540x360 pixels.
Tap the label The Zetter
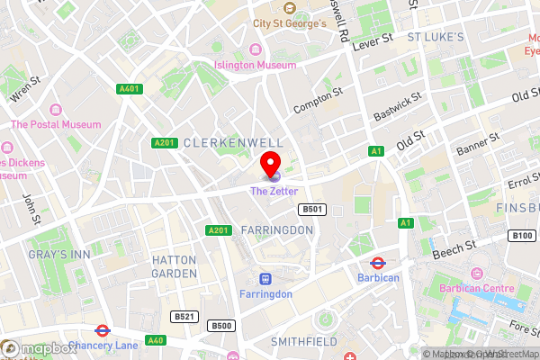[x=274, y=191]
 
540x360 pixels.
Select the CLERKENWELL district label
[x=232, y=143]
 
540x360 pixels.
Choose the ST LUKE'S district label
[x=435, y=37]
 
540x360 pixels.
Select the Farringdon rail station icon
[x=265, y=279]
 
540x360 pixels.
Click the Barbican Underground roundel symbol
[x=379, y=263]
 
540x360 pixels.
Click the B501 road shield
[x=311, y=209]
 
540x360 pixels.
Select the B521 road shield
[x=185, y=316]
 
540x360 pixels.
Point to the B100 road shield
[x=521, y=236]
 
